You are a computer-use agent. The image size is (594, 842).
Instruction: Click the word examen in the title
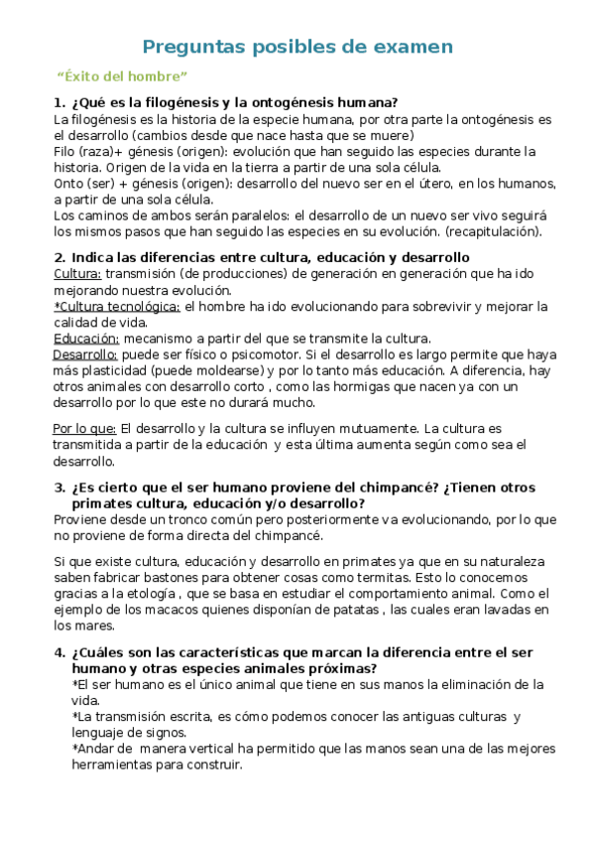413,47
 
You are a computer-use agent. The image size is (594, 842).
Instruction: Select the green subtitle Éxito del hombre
122,76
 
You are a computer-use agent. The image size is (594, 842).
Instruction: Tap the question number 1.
58,102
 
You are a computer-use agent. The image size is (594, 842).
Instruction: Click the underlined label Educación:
85,339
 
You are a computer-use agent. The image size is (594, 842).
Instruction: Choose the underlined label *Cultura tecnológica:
117,307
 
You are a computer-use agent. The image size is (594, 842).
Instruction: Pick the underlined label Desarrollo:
85,354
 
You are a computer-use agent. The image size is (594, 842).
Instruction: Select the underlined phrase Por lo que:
84,429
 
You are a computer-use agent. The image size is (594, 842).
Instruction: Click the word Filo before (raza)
66,152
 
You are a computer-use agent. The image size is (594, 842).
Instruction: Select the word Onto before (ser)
69,184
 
